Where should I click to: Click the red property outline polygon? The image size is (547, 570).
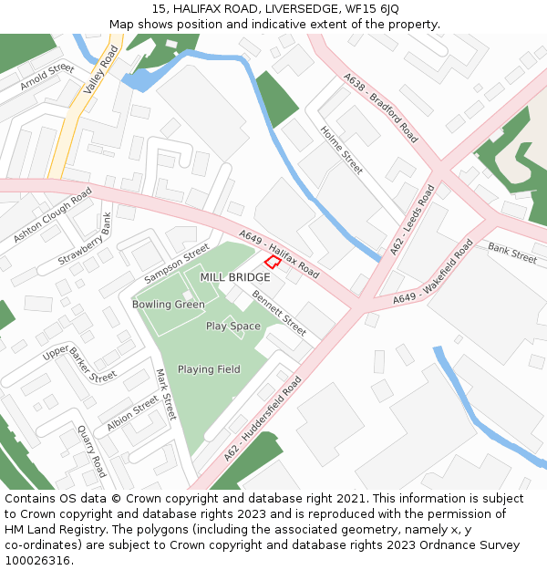(x=272, y=262)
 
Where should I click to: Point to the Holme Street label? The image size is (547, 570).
(x=342, y=150)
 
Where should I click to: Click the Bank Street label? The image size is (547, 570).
(x=512, y=253)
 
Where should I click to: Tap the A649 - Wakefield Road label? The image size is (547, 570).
(x=434, y=272)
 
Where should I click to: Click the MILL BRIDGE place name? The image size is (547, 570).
(x=235, y=277)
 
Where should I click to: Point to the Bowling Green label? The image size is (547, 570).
(x=168, y=304)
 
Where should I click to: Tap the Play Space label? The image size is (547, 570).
(x=232, y=326)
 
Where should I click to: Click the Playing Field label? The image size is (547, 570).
(x=209, y=369)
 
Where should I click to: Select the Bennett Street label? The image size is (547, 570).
(x=279, y=312)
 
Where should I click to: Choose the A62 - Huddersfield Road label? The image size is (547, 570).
(x=263, y=418)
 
